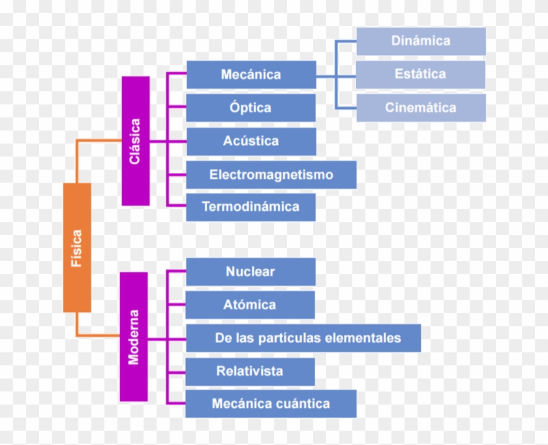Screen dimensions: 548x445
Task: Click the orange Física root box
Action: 77,247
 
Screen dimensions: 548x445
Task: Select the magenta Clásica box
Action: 136,141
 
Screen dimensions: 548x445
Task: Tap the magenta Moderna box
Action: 134,337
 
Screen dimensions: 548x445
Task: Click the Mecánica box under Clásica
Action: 251,74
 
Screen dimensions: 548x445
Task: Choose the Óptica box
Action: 251,108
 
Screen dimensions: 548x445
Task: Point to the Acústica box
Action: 251,141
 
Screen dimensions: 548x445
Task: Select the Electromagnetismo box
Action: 271,175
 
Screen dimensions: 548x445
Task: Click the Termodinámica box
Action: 251,207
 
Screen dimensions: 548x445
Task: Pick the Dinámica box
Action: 421,41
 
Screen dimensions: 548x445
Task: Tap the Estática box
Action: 421,74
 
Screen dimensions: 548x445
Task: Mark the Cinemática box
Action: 421,108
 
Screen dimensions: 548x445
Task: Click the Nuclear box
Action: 251,271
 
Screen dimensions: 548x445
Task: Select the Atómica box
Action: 251,305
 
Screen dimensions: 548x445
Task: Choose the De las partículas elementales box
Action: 303,338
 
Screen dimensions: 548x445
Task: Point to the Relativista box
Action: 251,371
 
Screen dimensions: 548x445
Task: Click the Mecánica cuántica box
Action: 271,404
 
